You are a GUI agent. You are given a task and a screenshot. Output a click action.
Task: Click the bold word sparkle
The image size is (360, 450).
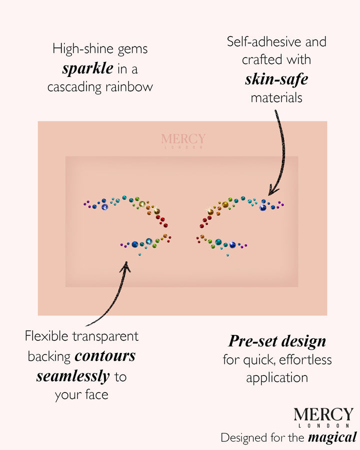(x=88, y=68)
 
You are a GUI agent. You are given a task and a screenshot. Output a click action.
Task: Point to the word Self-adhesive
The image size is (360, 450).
(x=263, y=42)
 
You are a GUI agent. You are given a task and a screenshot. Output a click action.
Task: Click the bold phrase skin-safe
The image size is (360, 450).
(x=276, y=79)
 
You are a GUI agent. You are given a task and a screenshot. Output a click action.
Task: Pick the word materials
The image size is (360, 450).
(x=276, y=98)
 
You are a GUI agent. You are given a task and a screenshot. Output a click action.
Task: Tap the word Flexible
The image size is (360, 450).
(x=46, y=336)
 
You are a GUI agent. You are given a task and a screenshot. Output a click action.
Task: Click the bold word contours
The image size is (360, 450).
(x=105, y=356)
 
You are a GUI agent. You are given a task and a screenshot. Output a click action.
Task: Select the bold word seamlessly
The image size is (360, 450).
(x=73, y=376)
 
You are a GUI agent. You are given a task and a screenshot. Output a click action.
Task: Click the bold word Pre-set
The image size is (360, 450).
(x=253, y=341)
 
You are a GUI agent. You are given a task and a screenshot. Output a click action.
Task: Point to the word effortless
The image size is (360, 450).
(x=305, y=359)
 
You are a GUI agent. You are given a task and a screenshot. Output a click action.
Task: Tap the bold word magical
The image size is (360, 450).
(x=332, y=437)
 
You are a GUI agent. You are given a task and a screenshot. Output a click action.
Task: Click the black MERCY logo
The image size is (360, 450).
(x=323, y=414)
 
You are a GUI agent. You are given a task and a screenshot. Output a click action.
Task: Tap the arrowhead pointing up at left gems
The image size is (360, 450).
(x=125, y=266)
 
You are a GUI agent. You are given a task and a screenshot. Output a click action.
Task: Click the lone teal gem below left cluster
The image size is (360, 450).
(x=140, y=254)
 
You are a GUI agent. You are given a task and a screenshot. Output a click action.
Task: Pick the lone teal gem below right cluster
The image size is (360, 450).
(x=227, y=255)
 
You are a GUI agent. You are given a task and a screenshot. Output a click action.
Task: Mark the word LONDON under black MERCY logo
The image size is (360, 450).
(x=324, y=425)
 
